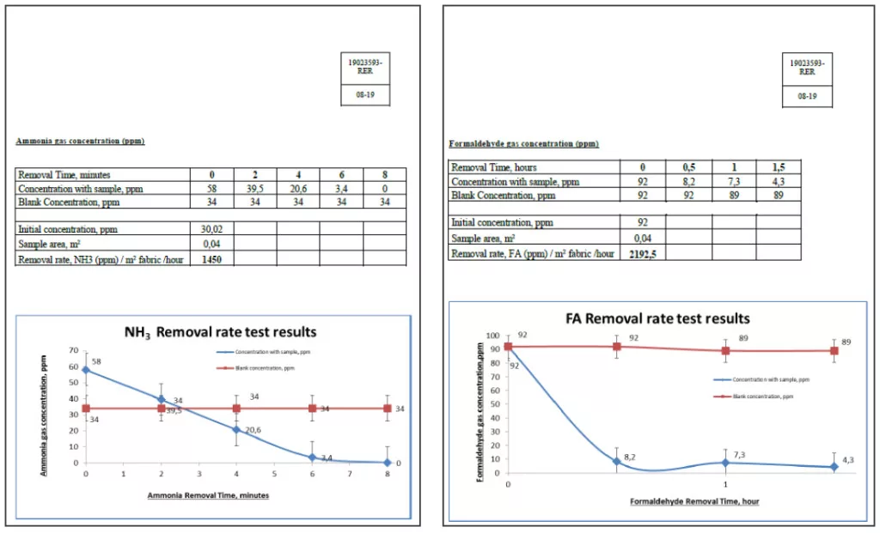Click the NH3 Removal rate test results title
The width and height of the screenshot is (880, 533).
coord(216,332)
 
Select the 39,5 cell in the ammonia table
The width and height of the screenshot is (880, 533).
coord(255,188)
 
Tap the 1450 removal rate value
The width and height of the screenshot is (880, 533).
coord(211,258)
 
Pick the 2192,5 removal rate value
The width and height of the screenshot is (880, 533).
coord(643,254)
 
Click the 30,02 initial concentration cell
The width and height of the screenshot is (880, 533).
coord(211,229)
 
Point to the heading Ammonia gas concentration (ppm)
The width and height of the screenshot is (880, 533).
coord(80,141)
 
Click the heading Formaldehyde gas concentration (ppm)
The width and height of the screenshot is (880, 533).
coord(523,144)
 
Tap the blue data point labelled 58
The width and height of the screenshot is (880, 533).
coord(86,370)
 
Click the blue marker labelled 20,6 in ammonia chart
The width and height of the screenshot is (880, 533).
coord(237,429)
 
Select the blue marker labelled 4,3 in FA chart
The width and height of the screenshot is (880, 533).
coord(834,467)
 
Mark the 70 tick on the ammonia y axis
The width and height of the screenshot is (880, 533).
coord(75,351)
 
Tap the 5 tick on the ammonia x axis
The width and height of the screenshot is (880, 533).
coord(275,473)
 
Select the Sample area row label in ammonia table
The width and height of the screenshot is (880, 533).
coord(52,244)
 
